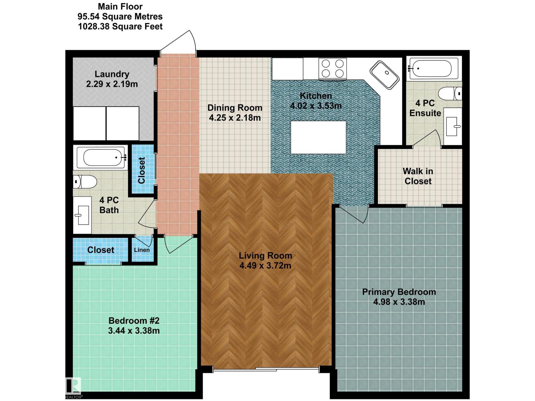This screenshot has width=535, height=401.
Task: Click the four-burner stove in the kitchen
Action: pyautogui.click(x=333, y=69)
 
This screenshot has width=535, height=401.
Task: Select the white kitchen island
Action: pyautogui.click(x=318, y=137)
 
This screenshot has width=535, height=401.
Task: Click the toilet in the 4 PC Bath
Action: pyautogui.click(x=85, y=182)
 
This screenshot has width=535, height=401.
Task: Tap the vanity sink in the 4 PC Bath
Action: pyautogui.click(x=82, y=215)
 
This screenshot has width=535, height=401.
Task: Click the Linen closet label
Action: pyautogui.click(x=142, y=250)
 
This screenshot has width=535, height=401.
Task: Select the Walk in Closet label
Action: pyautogui.click(x=418, y=176)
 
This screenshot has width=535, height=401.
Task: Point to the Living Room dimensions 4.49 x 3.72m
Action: pyautogui.click(x=265, y=266)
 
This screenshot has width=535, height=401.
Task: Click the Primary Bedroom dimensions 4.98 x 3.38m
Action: pyautogui.click(x=399, y=302)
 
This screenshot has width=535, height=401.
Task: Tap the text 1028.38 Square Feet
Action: pyautogui.click(x=120, y=27)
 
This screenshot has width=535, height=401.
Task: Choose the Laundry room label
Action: pyautogui.click(x=112, y=74)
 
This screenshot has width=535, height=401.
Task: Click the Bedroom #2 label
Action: pyautogui.click(x=134, y=321)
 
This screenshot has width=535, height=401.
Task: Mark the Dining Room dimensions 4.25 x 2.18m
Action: pyautogui.click(x=235, y=118)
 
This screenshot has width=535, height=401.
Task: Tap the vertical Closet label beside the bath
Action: pyautogui.click(x=142, y=170)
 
